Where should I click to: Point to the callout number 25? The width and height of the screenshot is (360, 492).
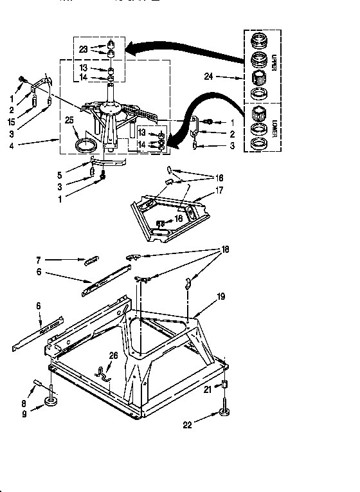point(69,120)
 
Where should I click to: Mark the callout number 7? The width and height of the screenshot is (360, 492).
point(39,260)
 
